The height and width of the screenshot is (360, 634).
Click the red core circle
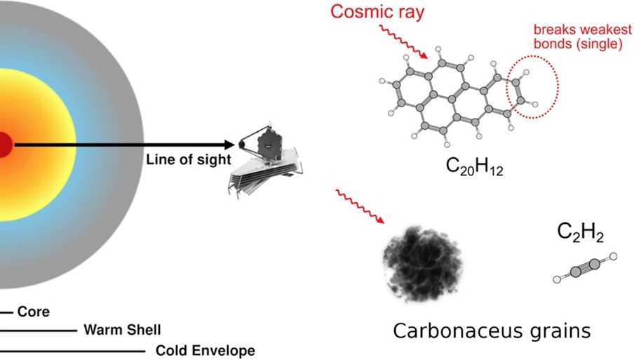(4, 145)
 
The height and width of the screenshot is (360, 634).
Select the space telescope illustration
(265, 161)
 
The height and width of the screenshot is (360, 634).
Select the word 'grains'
(562, 331)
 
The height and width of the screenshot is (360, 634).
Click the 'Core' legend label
(33, 312)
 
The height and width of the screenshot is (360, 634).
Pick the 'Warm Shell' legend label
(122, 329)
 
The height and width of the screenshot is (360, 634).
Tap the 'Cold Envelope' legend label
(205, 350)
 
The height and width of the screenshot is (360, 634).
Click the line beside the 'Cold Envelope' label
(70, 350)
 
